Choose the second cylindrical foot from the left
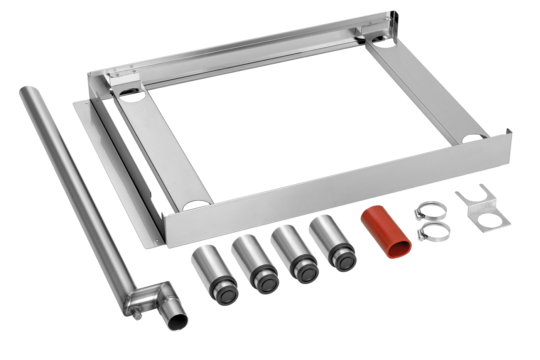pyautogui.click(x=254, y=261)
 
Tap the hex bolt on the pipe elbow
pyautogui.click(x=136, y=315)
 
